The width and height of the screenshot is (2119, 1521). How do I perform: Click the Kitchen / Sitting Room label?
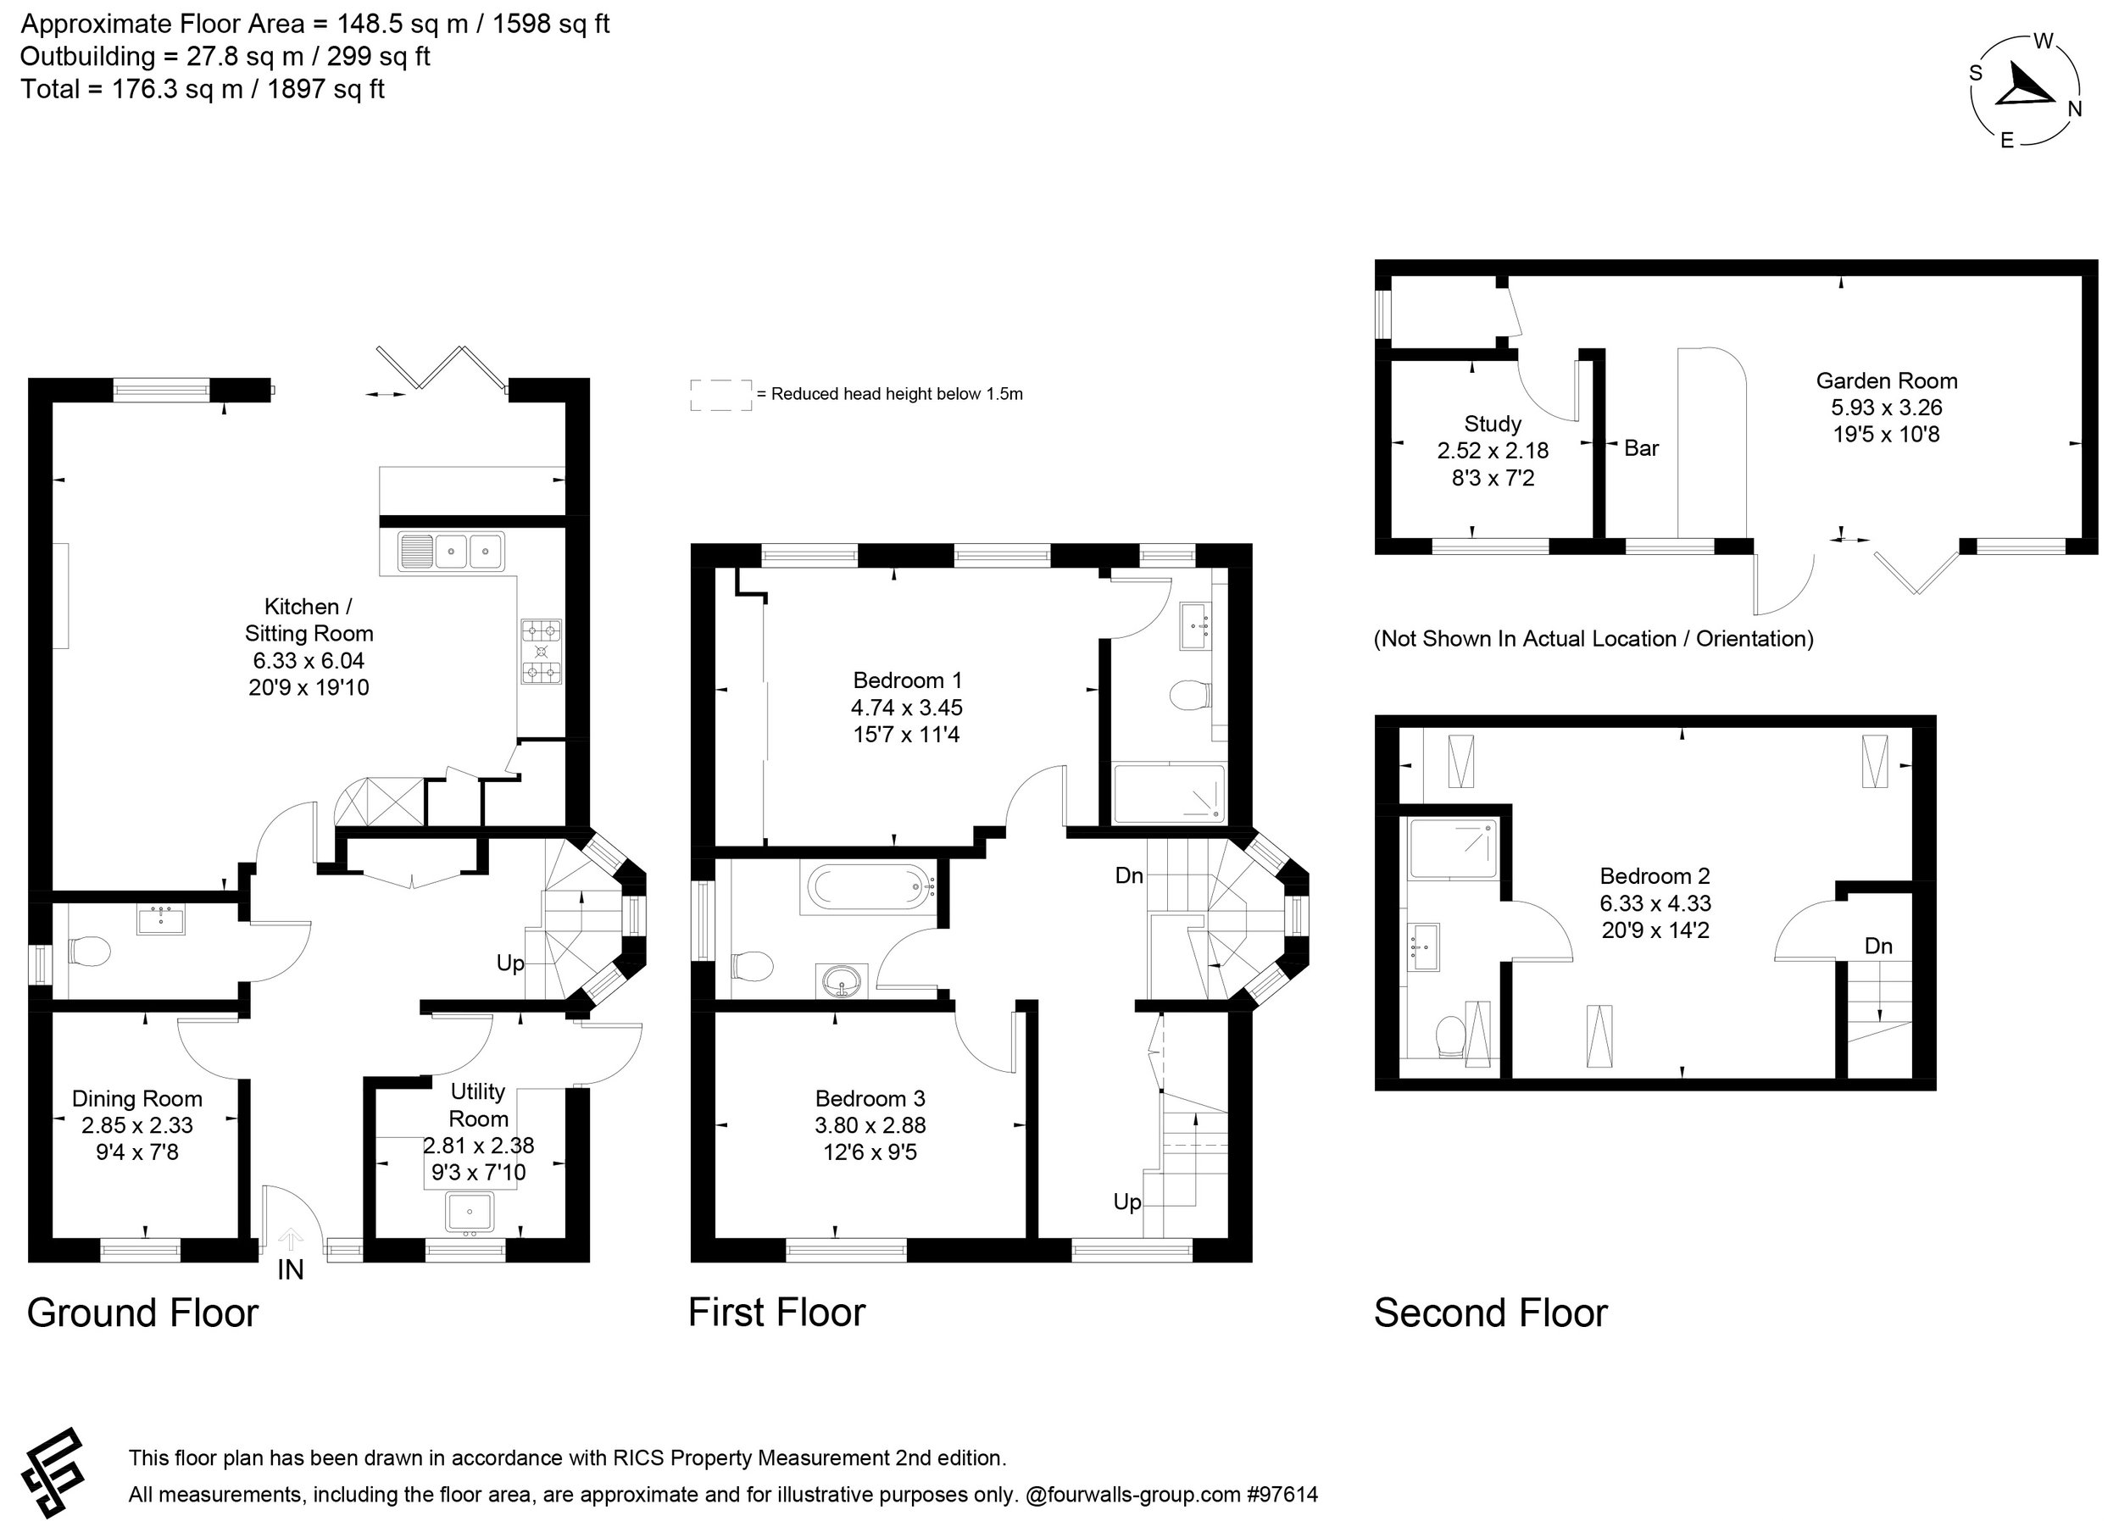309,619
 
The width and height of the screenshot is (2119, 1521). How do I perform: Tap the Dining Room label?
137,1099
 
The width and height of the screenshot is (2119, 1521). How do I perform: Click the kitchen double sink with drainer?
450,552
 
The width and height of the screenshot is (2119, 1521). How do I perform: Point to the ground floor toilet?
90,952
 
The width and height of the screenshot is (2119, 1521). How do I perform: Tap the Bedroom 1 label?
907,680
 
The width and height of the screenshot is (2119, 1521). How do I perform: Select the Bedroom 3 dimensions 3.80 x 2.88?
870,1125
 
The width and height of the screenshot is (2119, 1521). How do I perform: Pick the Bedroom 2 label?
1655,876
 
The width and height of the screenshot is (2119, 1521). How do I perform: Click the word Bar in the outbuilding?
1642,448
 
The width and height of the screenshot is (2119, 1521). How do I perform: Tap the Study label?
1492,425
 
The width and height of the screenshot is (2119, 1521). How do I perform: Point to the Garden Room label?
1887,381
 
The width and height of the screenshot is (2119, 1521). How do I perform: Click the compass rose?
2026,92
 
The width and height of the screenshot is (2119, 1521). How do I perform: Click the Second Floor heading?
1490,1313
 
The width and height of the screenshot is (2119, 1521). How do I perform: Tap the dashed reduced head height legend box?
720,394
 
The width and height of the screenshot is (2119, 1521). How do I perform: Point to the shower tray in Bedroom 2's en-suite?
1453,848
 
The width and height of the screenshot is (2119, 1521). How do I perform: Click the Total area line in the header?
203,90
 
